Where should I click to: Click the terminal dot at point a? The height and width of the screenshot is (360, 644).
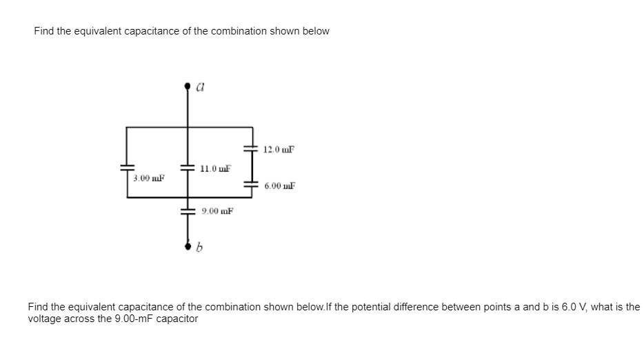(x=187, y=87)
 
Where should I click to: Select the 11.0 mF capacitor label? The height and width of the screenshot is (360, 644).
(x=214, y=168)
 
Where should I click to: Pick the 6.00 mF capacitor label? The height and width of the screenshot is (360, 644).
(x=280, y=186)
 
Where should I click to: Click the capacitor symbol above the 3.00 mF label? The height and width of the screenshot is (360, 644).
(x=127, y=167)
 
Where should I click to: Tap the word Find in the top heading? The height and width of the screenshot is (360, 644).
(x=44, y=31)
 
